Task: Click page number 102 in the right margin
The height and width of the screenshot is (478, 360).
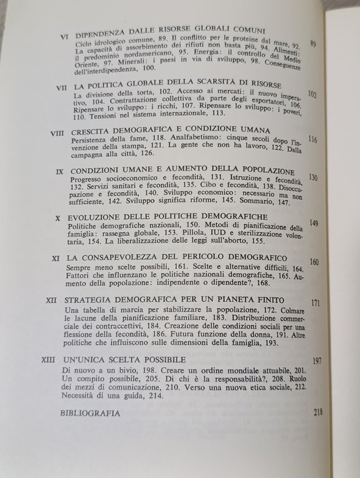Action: [x=313, y=95]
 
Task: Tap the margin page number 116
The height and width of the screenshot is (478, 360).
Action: [x=313, y=139]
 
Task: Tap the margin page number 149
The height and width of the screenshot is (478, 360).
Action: [x=315, y=223]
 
